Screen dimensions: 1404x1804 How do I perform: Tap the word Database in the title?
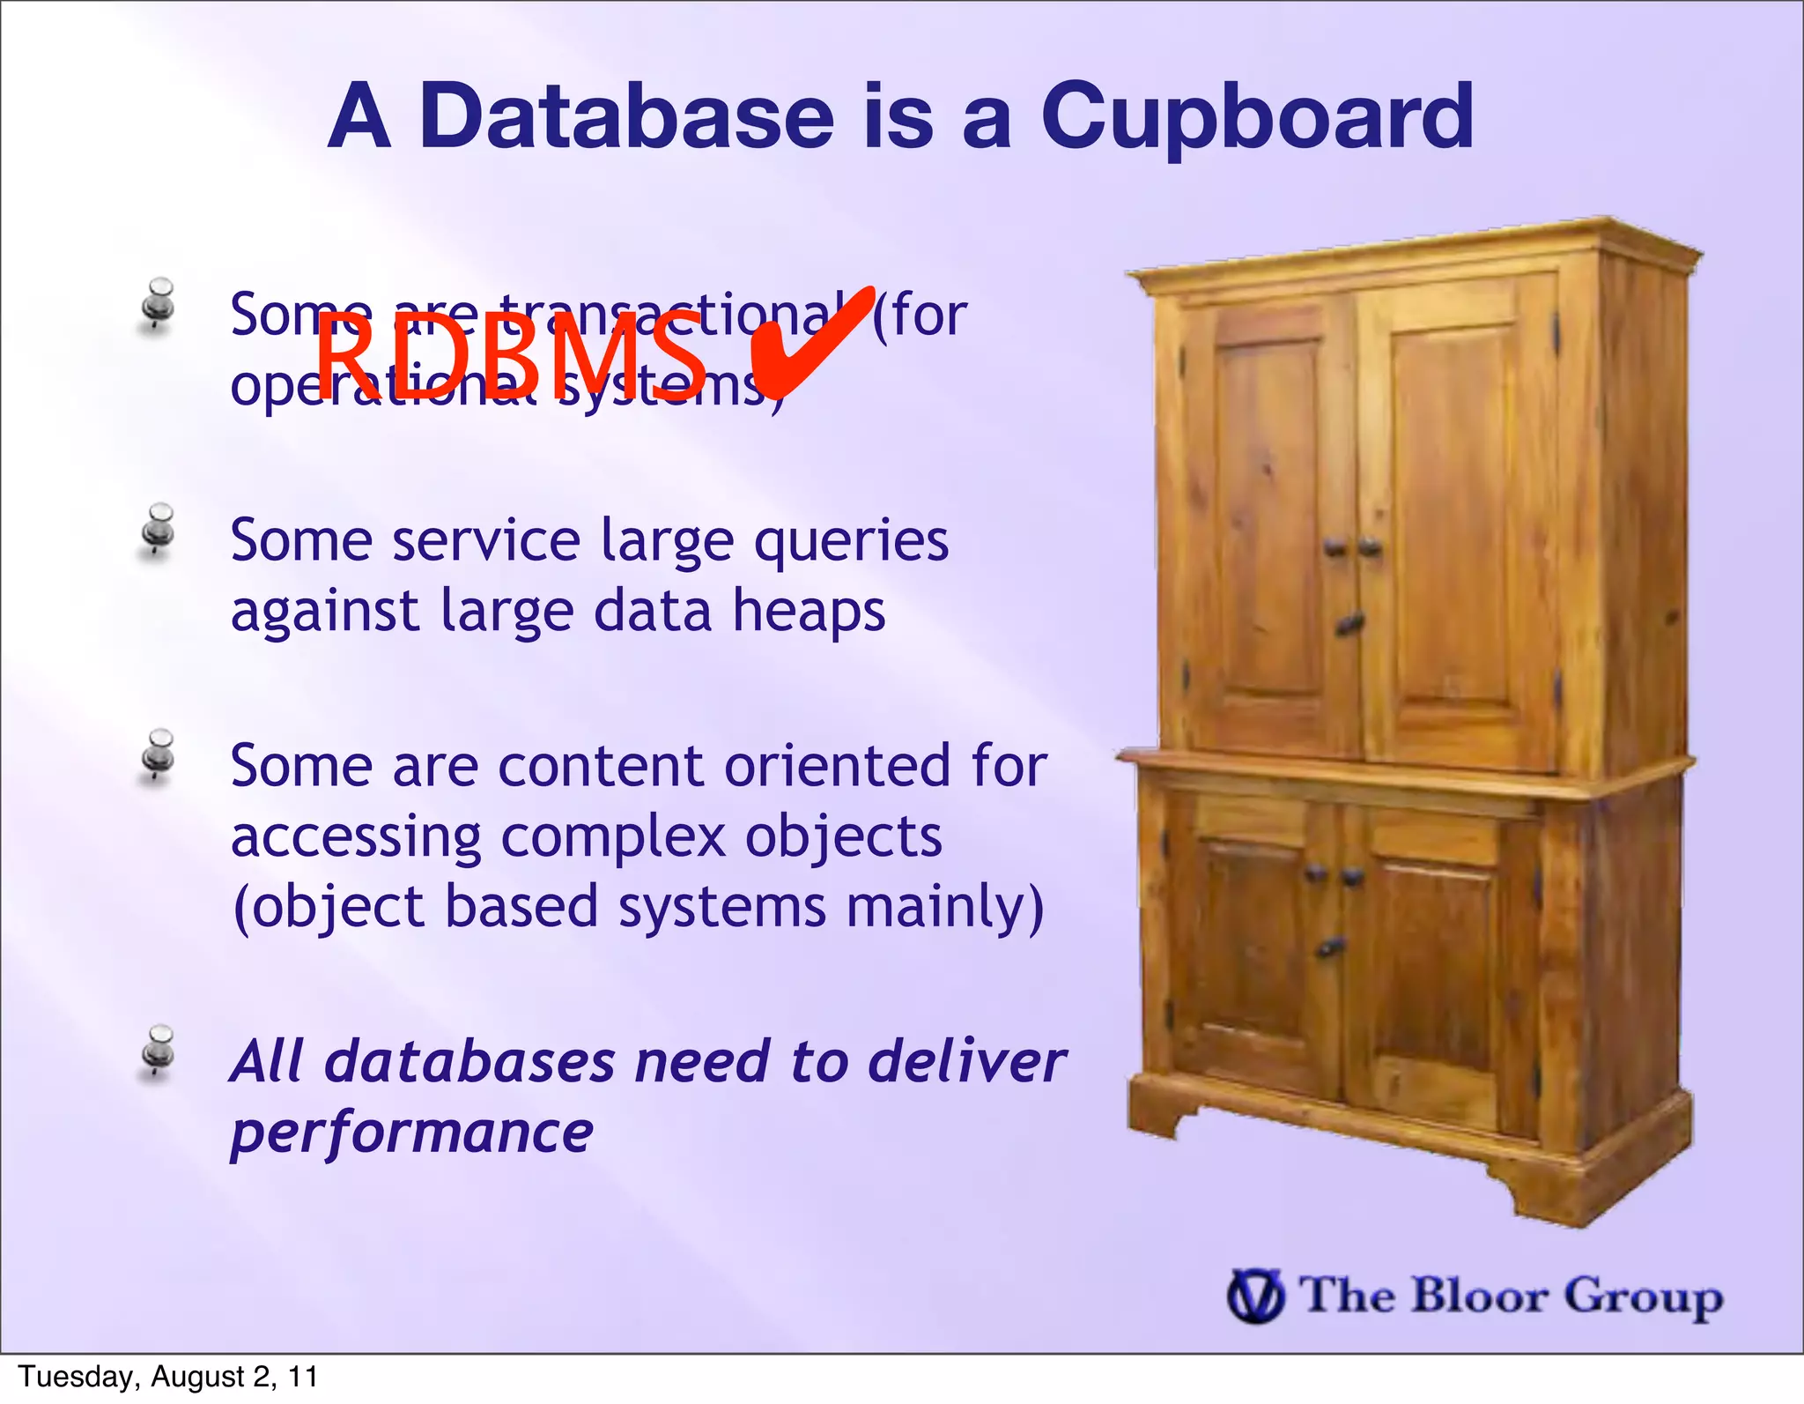[x=625, y=116]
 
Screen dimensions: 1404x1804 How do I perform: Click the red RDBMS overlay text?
[x=511, y=359]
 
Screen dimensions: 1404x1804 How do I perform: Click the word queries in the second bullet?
[x=851, y=541]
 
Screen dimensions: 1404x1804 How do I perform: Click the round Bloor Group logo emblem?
[x=1255, y=1296]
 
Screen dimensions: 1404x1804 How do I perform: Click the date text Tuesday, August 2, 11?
[x=168, y=1377]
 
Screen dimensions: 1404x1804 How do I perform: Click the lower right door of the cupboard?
[x=1436, y=978]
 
